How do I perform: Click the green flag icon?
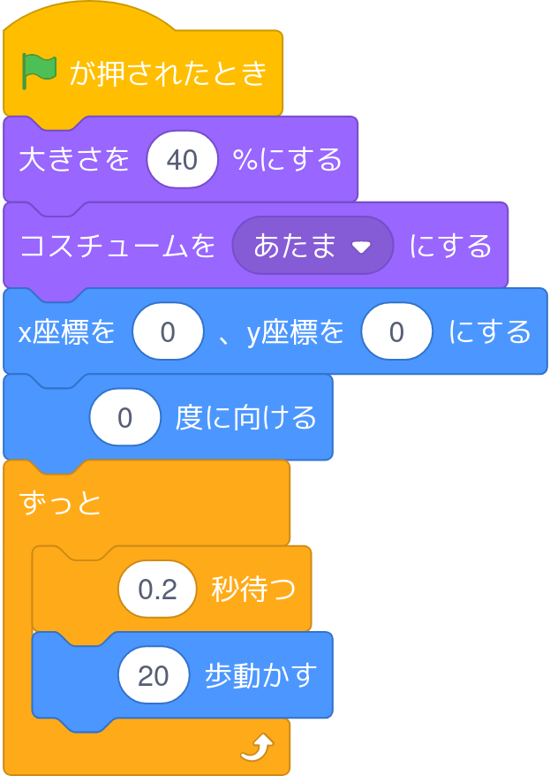click(x=39, y=72)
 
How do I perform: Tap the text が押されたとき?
click(x=168, y=73)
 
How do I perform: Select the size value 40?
click(x=182, y=160)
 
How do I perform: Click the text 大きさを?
click(x=74, y=160)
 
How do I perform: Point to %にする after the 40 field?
click(x=287, y=160)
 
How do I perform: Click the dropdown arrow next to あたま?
click(x=360, y=247)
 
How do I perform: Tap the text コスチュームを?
click(x=117, y=246)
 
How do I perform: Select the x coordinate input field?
click(x=168, y=332)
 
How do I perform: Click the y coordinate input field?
click(x=396, y=332)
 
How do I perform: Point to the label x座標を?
click(x=67, y=332)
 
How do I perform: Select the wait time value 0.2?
click(x=157, y=590)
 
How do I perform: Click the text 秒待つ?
click(x=252, y=590)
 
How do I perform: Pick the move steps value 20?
click(x=154, y=675)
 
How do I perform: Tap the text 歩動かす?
click(x=260, y=675)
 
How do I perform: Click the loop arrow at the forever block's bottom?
click(x=257, y=749)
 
